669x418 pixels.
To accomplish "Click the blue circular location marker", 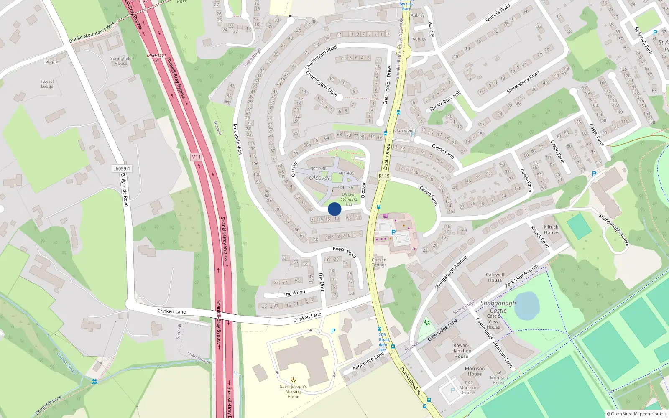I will pyautogui.click(x=334, y=209).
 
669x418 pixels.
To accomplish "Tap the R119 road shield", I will pyautogui.click(x=384, y=176).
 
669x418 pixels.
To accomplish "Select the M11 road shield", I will pyautogui.click(x=196, y=157).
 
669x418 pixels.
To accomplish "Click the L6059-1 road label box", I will pyautogui.click(x=122, y=168).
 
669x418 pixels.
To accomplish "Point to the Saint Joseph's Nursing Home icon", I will pyautogui.click(x=294, y=380).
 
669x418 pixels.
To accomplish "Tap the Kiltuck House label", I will pyautogui.click(x=551, y=229).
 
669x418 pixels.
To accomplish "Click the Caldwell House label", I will pyautogui.click(x=495, y=278).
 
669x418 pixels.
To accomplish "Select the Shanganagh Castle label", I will pyautogui.click(x=498, y=306).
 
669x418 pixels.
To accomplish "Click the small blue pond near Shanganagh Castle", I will pyautogui.click(x=527, y=305).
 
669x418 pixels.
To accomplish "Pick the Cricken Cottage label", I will pyautogui.click(x=379, y=262).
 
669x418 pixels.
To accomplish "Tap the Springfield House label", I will pyautogui.click(x=121, y=61).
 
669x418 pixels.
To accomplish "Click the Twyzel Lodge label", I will pyautogui.click(x=47, y=84).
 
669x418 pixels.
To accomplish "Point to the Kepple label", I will pyautogui.click(x=51, y=61).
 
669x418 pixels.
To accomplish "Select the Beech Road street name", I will pyautogui.click(x=344, y=252).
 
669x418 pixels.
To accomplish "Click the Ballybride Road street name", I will pyautogui.click(x=125, y=190).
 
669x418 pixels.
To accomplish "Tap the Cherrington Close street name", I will pyautogui.click(x=321, y=84).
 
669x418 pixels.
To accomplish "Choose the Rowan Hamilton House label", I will pyautogui.click(x=461, y=351).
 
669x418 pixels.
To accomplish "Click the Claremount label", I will pyautogui.click(x=405, y=130).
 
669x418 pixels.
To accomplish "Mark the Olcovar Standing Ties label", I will pyautogui.click(x=349, y=199).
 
